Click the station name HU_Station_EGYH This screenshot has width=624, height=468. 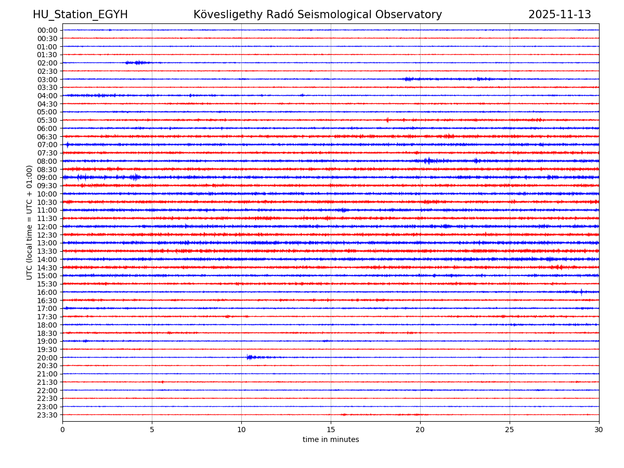pyautogui.click(x=80, y=15)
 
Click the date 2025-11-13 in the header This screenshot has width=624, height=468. pyautogui.click(x=560, y=15)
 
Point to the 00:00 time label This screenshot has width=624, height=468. pyautogui.click(x=47, y=30)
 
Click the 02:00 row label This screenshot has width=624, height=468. pyautogui.click(x=47, y=63)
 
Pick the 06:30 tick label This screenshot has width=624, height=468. pyautogui.click(x=47, y=137)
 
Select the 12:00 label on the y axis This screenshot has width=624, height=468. pyautogui.click(x=47, y=227)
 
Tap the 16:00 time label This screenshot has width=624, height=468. pyautogui.click(x=47, y=292)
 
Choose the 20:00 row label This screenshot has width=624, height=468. pyautogui.click(x=47, y=358)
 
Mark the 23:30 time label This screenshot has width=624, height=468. pyautogui.click(x=47, y=415)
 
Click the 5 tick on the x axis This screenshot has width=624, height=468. pyautogui.click(x=152, y=430)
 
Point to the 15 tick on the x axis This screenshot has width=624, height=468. pyautogui.click(x=331, y=430)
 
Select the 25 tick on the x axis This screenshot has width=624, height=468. pyautogui.click(x=510, y=430)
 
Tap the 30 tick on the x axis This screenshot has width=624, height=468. pyautogui.click(x=599, y=430)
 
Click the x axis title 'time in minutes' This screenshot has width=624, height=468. pyautogui.click(x=331, y=440)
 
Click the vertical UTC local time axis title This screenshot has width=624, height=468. pyautogui.click(x=30, y=222)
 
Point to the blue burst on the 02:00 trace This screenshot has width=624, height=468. pyautogui.click(x=138, y=63)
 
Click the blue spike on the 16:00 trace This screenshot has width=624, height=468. pyautogui.click(x=581, y=292)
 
